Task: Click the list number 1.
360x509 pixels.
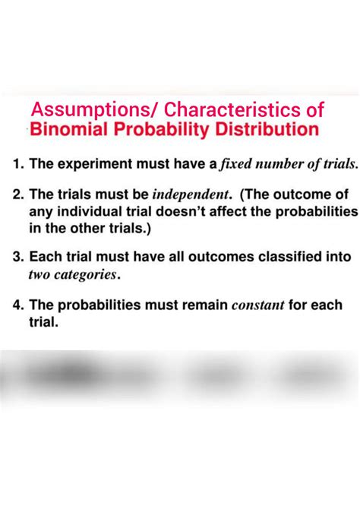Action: pyautogui.click(x=17, y=163)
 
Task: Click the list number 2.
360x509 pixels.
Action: pyautogui.click(x=17, y=196)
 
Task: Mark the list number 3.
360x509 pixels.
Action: pyautogui.click(x=17, y=258)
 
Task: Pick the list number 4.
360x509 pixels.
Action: pyautogui.click(x=17, y=305)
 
